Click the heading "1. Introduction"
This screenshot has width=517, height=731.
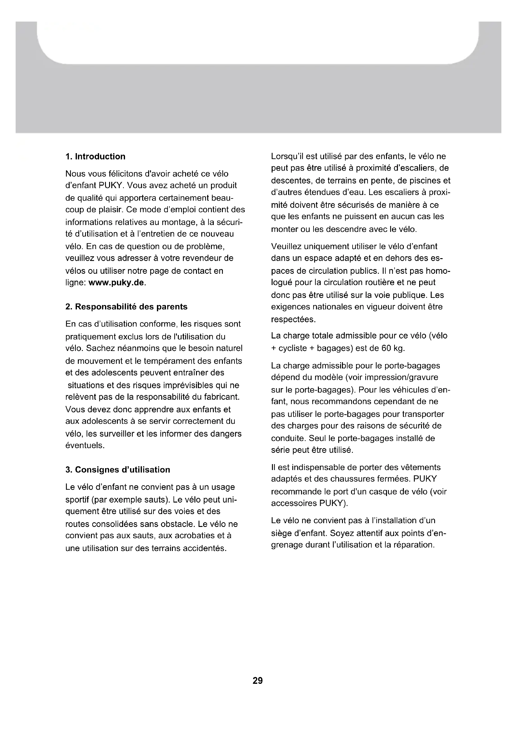95,157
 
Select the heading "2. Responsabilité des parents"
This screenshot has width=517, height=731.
126,307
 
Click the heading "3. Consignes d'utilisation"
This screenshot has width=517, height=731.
118,470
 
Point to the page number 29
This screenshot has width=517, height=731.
258,681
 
